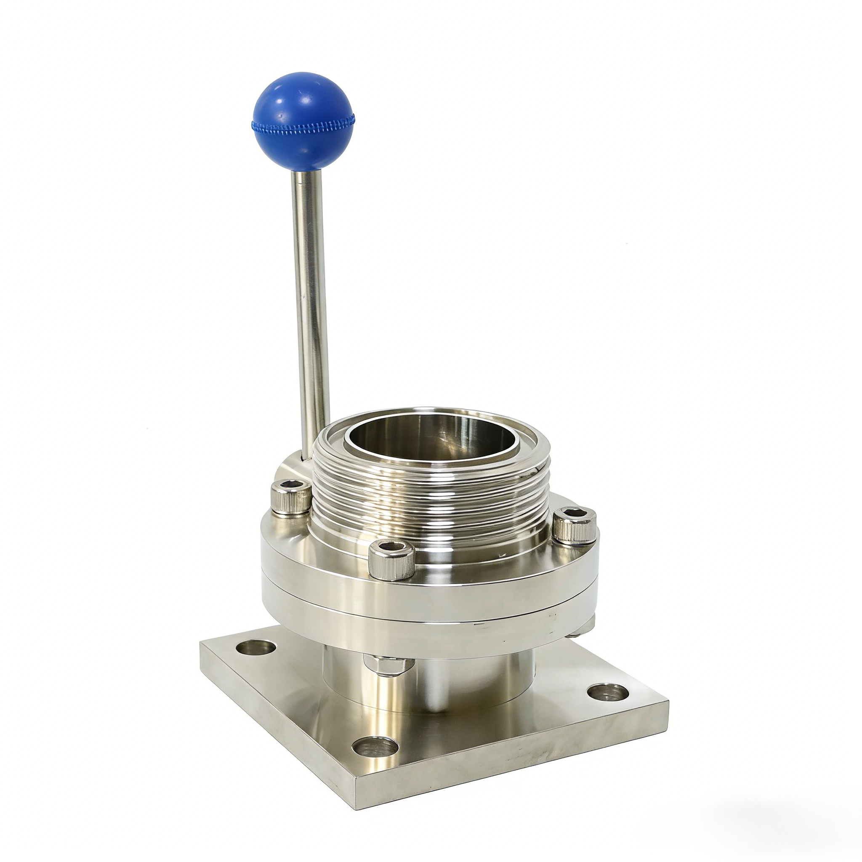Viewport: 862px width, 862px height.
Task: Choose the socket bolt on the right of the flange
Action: (575, 527)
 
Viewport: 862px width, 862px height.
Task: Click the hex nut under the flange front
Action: (388, 666)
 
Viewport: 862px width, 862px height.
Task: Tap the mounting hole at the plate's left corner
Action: (255, 646)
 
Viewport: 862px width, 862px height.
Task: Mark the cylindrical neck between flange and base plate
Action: (428, 683)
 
